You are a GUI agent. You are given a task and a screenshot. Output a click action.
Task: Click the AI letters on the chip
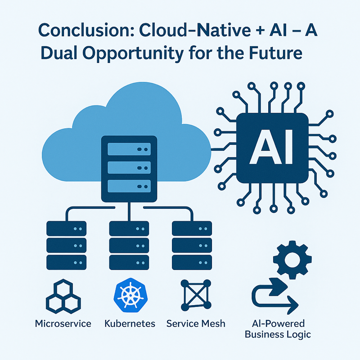pyautogui.click(x=272, y=147)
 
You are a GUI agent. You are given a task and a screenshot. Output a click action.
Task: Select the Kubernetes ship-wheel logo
pyautogui.click(x=129, y=295)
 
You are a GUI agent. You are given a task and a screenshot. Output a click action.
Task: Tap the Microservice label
pyautogui.click(x=63, y=324)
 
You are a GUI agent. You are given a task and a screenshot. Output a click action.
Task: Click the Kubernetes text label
pyautogui.click(x=129, y=324)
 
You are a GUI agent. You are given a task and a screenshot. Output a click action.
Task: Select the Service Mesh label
pyautogui.click(x=195, y=324)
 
